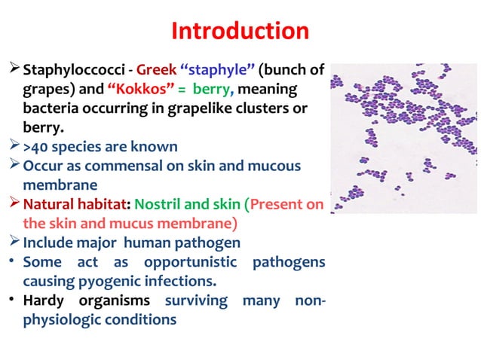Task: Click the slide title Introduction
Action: pos(240,31)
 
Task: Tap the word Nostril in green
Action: pos(162,205)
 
